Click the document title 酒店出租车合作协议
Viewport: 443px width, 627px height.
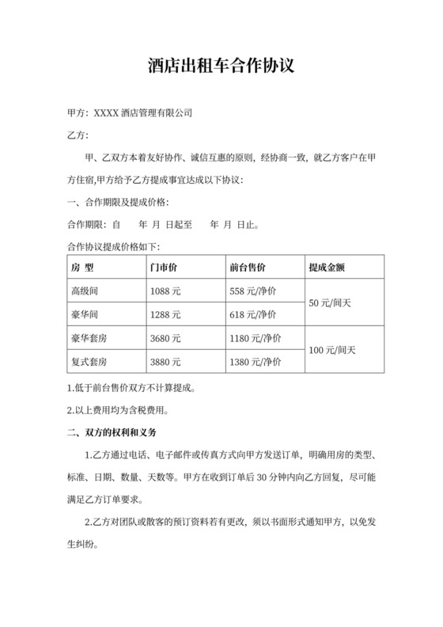coord(221,64)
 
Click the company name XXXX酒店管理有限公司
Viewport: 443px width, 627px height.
coord(143,112)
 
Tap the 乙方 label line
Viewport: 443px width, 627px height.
coord(77,135)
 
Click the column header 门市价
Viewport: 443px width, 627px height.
coord(163,267)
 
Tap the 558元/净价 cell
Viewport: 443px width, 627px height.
coord(255,291)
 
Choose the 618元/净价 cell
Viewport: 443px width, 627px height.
coord(255,315)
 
